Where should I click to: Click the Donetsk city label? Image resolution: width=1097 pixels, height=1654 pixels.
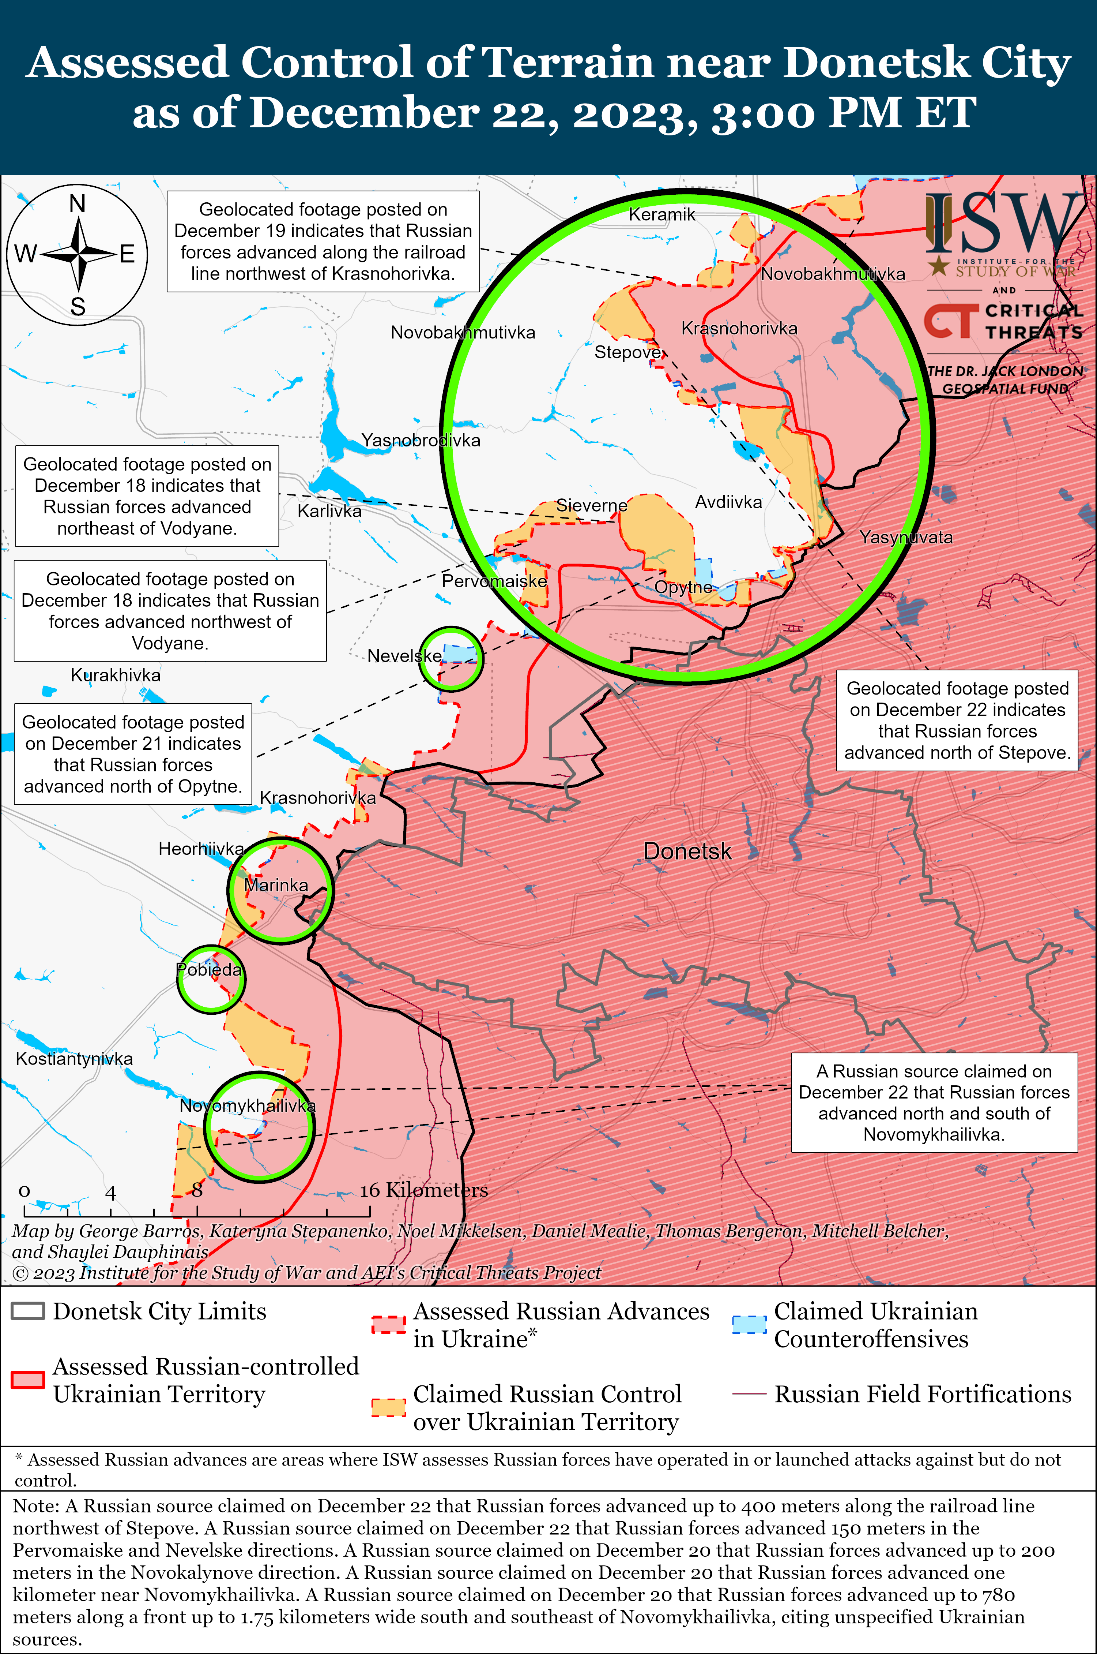point(687,851)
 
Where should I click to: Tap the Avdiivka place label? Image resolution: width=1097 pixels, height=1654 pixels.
point(728,502)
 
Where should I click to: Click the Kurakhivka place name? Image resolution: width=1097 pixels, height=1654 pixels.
point(116,675)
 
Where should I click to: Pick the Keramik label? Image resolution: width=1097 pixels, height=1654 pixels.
point(662,214)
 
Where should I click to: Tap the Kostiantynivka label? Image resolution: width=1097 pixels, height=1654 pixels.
point(74,1058)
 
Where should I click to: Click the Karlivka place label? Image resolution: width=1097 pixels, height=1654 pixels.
point(329,511)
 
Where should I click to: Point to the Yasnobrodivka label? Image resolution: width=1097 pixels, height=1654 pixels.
point(421,440)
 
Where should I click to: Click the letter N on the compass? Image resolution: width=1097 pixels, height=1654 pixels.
point(78,204)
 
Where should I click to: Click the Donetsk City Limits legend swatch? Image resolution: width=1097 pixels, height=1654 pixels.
point(28,1311)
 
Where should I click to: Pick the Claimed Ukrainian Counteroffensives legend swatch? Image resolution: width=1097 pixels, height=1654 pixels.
point(749,1324)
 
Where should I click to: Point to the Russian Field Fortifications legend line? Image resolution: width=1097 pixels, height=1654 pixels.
point(749,1394)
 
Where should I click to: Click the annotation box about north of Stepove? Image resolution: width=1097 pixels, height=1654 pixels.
point(957,720)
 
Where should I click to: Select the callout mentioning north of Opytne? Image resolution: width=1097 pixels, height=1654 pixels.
point(133,754)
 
